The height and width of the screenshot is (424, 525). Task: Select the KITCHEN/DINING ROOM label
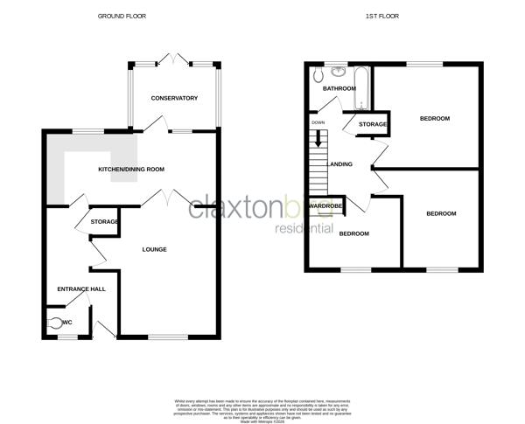coord(131,169)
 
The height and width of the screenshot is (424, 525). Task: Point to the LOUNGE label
coord(155,250)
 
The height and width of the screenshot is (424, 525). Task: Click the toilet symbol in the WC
coord(55,323)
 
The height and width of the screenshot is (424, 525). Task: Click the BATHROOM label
coord(339,89)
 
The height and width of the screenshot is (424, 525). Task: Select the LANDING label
coord(339,163)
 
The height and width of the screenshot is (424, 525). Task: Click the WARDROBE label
coord(324,207)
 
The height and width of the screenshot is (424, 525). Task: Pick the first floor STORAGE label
coord(372,125)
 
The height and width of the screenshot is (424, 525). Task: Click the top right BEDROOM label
coord(434,119)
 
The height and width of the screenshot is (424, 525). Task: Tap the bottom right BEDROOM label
coord(442,214)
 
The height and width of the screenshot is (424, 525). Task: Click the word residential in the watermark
coord(304,229)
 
